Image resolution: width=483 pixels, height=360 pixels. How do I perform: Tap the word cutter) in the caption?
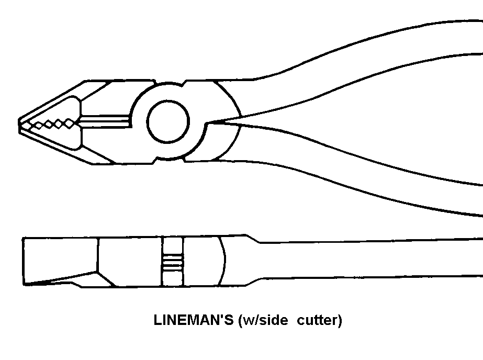click(x=319, y=320)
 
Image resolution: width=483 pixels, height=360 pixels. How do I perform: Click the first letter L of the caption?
click(x=157, y=320)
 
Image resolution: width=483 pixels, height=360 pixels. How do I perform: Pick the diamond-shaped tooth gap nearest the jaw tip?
click(x=38, y=125)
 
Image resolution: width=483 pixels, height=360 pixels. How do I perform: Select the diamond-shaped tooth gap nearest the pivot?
click(x=70, y=123)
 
